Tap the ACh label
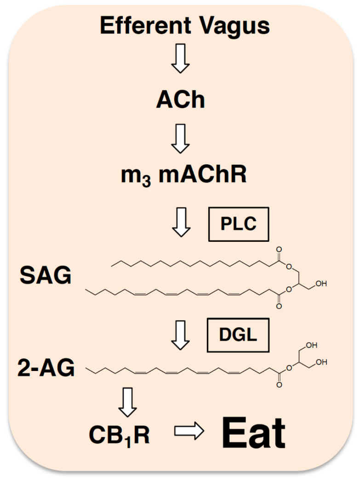[180, 101]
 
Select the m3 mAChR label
[180, 175]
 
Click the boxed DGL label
[238, 337]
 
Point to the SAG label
[45, 276]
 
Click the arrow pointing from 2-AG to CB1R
[127, 400]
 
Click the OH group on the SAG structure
[320, 284]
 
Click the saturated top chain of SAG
[193, 263]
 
